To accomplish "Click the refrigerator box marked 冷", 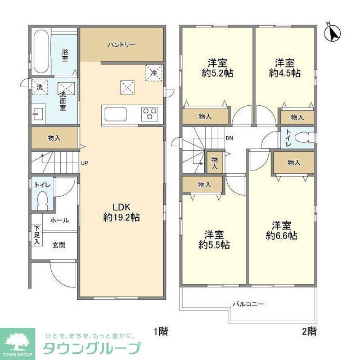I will point(154,72).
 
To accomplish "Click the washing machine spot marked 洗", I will point(39,87).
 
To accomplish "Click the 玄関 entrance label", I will point(58,245).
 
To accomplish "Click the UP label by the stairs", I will point(84,164).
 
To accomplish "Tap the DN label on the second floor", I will point(229,138).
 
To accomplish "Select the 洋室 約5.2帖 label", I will point(217,67).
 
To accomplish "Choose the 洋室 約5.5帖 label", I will point(214,240).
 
